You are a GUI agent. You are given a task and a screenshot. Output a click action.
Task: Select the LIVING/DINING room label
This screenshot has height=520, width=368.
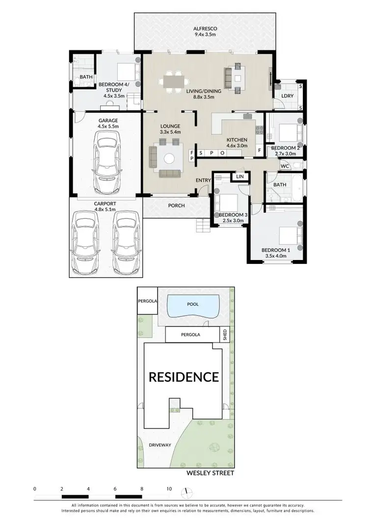[x=204, y=91]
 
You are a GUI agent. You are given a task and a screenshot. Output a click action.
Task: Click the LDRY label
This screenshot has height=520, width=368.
[x=288, y=96]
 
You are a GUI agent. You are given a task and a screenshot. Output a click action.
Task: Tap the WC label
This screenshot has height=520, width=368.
[x=285, y=166]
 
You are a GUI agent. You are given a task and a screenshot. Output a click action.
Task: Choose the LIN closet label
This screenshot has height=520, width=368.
[x=240, y=176]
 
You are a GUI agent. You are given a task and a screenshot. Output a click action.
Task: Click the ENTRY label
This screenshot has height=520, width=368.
[x=203, y=181]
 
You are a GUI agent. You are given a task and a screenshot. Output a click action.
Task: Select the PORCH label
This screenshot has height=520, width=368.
[x=177, y=206]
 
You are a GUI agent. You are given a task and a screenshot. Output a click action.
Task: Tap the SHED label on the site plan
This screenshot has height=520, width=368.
[x=225, y=335]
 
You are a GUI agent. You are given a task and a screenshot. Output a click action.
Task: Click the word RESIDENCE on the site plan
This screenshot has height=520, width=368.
[x=184, y=377]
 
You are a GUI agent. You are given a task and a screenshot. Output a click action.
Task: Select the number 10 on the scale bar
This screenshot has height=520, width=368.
[x=169, y=489]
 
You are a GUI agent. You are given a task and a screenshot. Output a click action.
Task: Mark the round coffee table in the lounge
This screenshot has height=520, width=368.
[x=169, y=158]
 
